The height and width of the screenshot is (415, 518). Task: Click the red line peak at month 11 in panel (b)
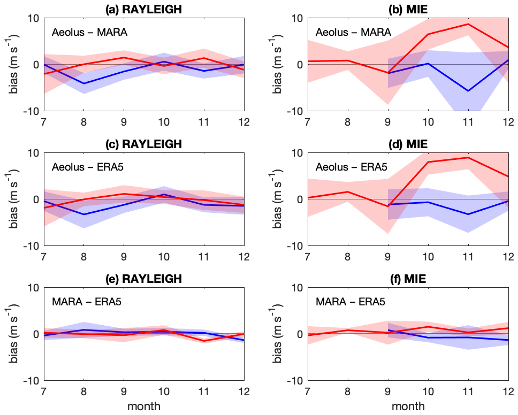click(x=468, y=24)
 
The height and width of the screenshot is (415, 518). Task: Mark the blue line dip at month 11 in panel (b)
click(x=468, y=91)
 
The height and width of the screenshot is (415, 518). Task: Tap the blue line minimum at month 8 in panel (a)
click(x=83, y=83)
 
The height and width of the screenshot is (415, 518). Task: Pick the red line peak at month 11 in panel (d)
click(x=468, y=157)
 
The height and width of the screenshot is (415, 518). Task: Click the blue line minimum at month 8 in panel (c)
click(x=83, y=214)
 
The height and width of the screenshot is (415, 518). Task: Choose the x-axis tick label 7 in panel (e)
click(x=43, y=391)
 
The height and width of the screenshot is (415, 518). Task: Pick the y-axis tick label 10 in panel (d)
click(x=295, y=153)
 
